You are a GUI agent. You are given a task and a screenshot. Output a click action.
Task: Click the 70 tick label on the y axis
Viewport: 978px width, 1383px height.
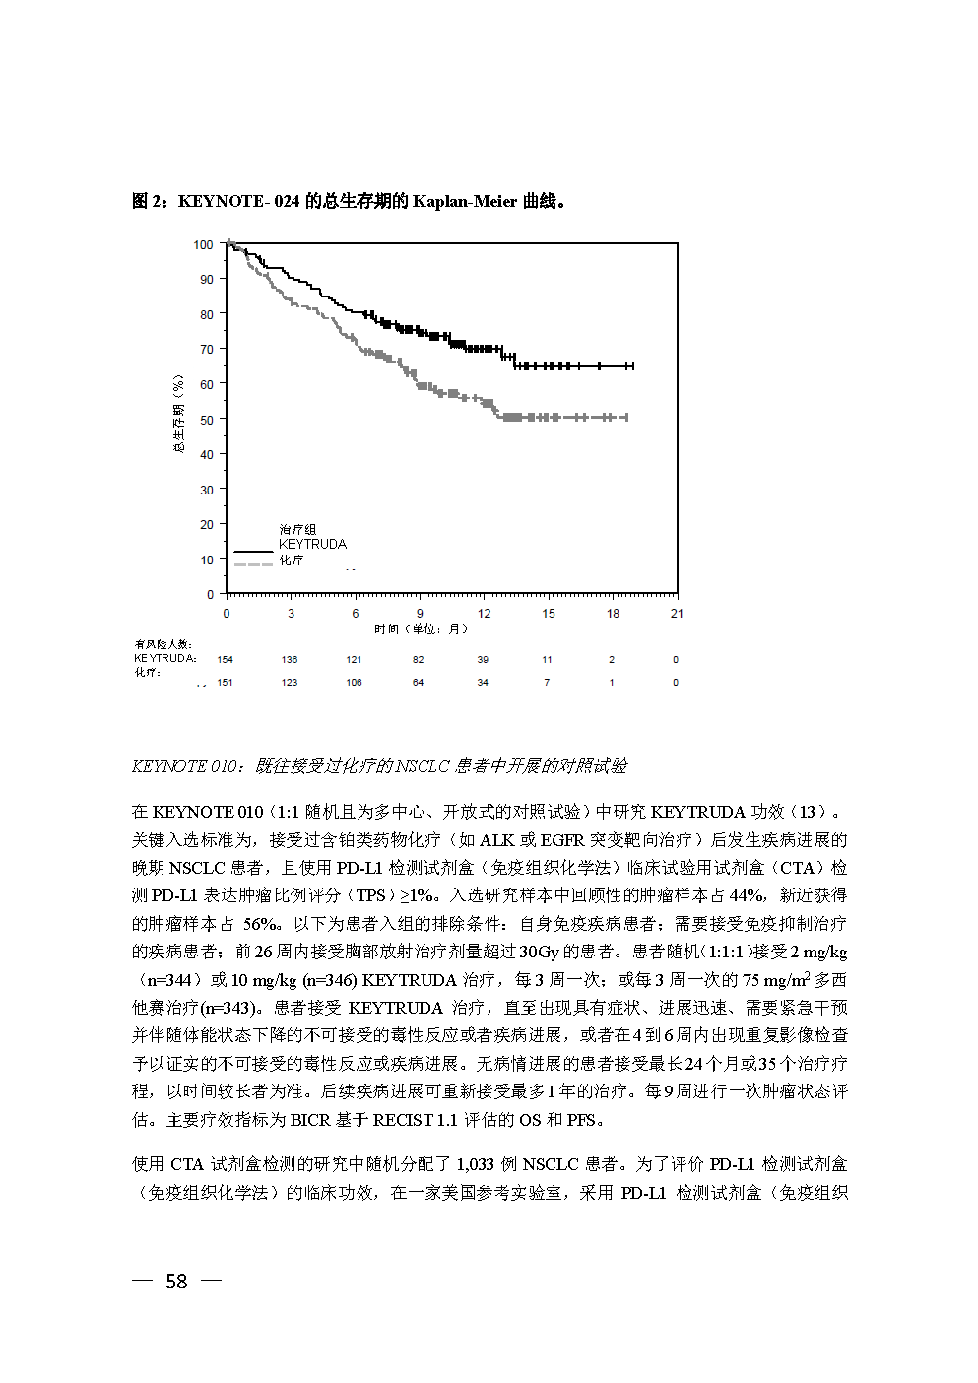pyautogui.click(x=206, y=349)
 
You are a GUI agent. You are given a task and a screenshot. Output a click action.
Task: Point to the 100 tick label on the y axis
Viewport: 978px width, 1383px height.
pyautogui.click(x=203, y=244)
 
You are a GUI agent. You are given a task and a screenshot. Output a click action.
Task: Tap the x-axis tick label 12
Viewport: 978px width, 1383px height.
pyautogui.click(x=484, y=613)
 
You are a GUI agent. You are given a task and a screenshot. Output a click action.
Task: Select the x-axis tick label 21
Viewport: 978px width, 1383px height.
pyautogui.click(x=677, y=613)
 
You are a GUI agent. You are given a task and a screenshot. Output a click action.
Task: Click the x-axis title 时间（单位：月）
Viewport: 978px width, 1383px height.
pyautogui.click(x=422, y=628)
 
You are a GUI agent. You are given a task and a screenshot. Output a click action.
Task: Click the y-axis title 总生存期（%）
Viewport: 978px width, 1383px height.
pyautogui.click(x=178, y=413)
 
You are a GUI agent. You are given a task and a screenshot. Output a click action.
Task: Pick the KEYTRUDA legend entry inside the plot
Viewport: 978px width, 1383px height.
pyautogui.click(x=312, y=544)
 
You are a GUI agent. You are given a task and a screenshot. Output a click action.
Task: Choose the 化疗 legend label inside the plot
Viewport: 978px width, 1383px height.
pyautogui.click(x=291, y=560)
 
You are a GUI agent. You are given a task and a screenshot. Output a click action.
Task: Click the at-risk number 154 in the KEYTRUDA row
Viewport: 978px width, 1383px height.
pyautogui.click(x=226, y=660)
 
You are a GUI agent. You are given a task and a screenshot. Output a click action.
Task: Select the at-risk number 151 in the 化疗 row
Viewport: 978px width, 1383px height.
pyautogui.click(x=226, y=682)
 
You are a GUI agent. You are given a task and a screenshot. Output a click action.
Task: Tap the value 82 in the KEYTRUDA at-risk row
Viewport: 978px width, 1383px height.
pyautogui.click(x=419, y=660)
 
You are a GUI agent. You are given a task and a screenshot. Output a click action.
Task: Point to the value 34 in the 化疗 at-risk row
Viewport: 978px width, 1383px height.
pyautogui.click(x=483, y=682)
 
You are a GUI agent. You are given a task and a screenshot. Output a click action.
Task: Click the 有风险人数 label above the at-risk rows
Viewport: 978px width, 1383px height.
pyautogui.click(x=163, y=644)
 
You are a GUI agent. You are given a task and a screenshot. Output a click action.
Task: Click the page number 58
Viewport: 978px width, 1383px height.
pyautogui.click(x=176, y=1281)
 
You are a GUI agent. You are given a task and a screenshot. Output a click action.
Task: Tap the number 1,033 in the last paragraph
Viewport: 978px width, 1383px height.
pyautogui.click(x=475, y=1164)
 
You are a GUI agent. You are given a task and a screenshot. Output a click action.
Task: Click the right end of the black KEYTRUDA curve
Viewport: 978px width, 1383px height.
pyautogui.click(x=632, y=366)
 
